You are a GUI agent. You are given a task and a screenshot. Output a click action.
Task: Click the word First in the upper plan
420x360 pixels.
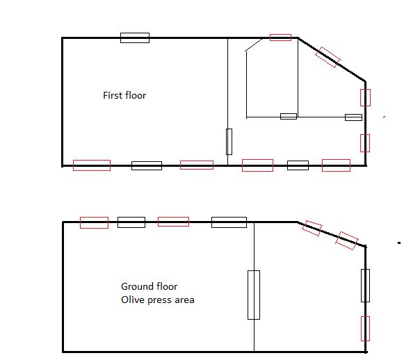tap(113, 95)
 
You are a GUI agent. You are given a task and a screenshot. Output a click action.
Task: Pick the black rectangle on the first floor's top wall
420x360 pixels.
tap(135, 38)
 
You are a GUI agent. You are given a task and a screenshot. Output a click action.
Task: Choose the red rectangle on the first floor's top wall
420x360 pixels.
tap(280, 37)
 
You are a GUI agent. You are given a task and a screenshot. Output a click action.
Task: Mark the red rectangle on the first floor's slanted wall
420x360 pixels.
tap(328, 58)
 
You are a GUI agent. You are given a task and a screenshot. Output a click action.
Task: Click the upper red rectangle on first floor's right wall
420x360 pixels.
tap(365, 97)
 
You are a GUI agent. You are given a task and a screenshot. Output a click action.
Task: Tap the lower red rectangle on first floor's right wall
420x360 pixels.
tap(365, 142)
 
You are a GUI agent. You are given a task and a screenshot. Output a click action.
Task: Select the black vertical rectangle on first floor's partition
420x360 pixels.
tap(229, 141)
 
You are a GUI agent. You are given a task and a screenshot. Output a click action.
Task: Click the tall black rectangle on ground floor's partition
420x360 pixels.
tap(254, 295)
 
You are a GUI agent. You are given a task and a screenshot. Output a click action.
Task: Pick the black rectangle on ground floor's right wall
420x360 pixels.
tap(365, 285)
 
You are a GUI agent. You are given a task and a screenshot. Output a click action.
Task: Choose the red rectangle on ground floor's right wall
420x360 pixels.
tap(365, 328)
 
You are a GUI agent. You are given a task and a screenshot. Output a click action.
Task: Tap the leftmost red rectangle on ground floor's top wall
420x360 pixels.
tap(94, 222)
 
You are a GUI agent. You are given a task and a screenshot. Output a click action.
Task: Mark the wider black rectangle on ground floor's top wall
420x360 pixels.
tap(229, 222)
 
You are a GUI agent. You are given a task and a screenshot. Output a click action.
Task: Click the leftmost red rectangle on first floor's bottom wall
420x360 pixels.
tap(92, 165)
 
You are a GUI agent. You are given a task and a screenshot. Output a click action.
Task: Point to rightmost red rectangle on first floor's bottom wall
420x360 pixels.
tap(336, 165)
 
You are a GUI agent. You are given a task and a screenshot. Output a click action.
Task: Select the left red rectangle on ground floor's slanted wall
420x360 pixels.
tap(312, 229)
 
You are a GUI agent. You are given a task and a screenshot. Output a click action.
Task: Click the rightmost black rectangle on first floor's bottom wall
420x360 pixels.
tap(298, 165)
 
